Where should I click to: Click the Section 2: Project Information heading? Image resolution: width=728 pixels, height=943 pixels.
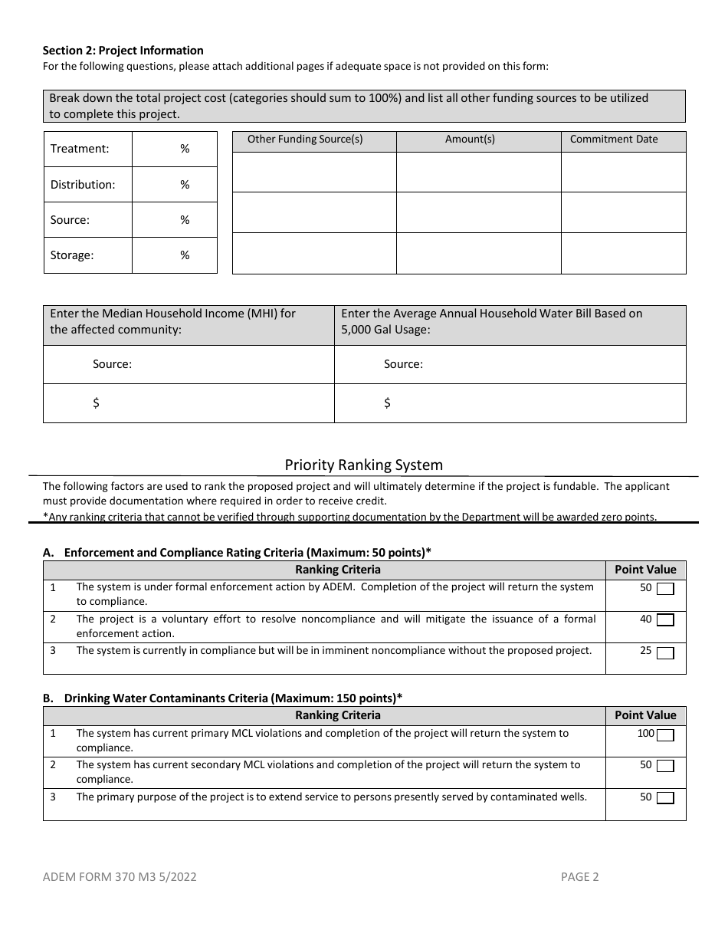[x=123, y=51]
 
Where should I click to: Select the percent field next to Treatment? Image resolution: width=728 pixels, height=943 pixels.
[x=175, y=149]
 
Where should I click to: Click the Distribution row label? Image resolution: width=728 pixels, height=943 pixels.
[x=83, y=185]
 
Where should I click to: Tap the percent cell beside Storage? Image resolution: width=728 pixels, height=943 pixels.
[x=175, y=255]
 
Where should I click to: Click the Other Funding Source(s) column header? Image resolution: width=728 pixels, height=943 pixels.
[x=305, y=140]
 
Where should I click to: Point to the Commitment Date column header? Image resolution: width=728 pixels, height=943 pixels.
[x=614, y=140]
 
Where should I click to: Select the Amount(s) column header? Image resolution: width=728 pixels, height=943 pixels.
[x=470, y=140]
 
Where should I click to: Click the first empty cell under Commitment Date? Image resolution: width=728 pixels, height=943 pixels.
[x=623, y=172]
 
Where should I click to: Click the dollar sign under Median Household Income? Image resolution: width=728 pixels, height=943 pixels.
[x=96, y=403]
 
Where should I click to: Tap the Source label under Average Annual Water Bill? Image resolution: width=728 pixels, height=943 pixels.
[x=403, y=364]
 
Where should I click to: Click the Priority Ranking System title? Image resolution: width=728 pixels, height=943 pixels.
[x=364, y=465]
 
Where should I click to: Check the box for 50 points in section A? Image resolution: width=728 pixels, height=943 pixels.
[x=665, y=589]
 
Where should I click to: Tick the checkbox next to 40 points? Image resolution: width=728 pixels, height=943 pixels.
[x=665, y=620]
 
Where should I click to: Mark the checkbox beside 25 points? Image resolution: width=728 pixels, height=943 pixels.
[x=665, y=652]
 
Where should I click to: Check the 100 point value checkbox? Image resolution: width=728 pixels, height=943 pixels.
[x=665, y=735]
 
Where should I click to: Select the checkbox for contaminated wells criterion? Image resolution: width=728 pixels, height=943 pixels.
[x=665, y=798]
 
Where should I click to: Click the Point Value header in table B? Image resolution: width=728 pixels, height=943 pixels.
[x=645, y=715]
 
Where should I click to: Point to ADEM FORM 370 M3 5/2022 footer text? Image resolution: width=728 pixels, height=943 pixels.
[x=120, y=877]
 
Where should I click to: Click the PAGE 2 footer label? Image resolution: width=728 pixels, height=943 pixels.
[x=579, y=877]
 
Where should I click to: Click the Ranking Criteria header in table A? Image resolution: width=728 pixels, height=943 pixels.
[x=338, y=570]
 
